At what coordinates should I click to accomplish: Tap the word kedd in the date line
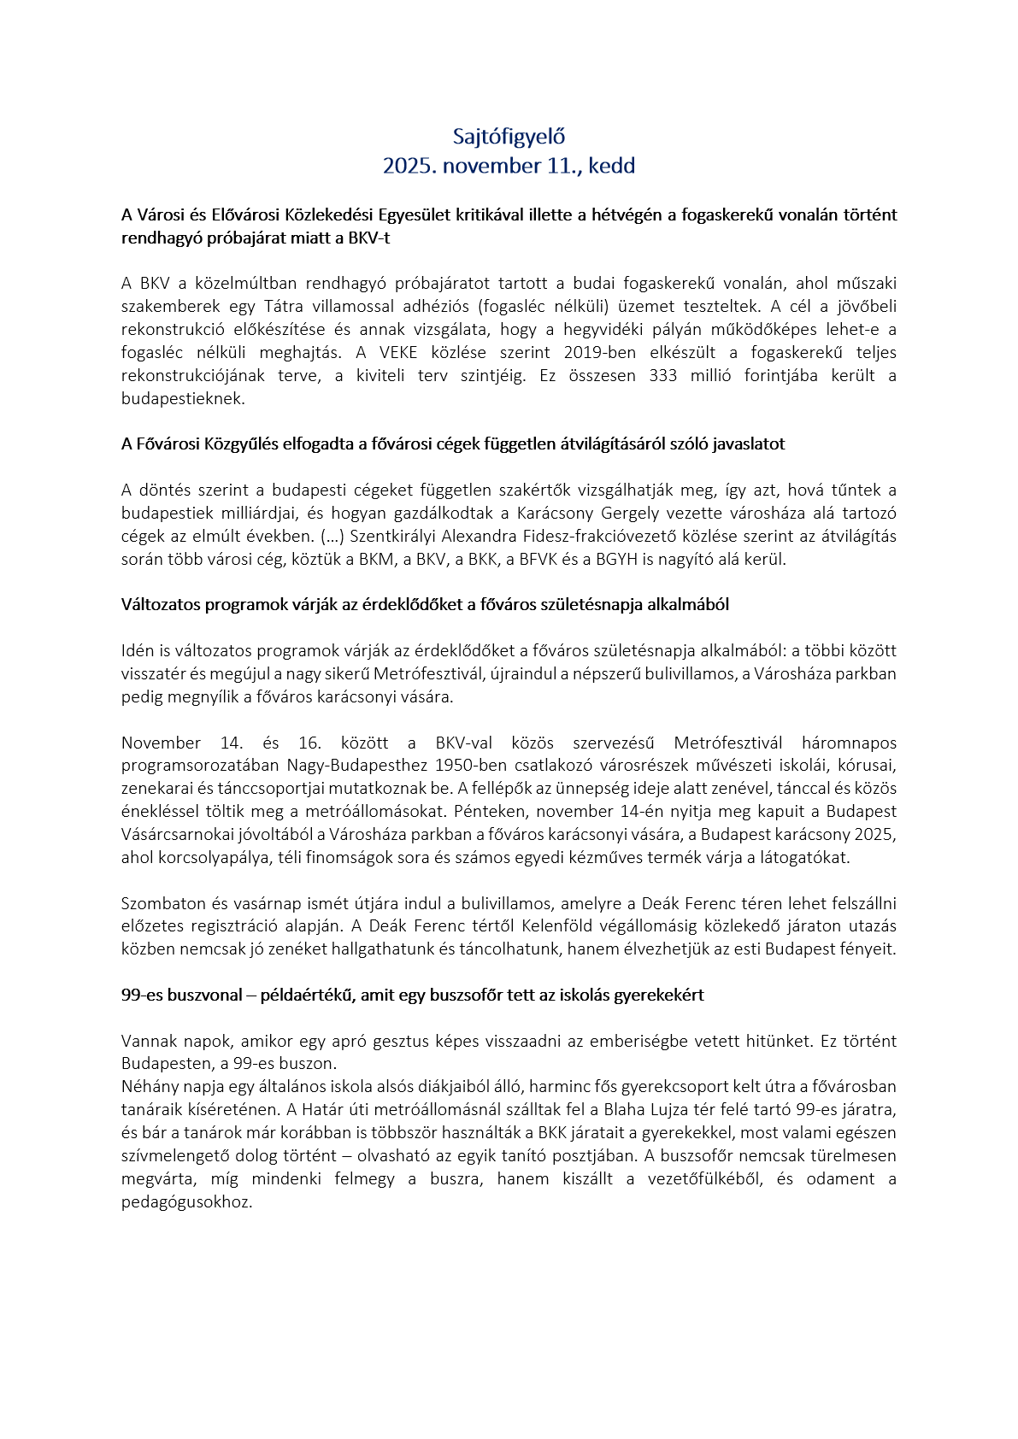(612, 166)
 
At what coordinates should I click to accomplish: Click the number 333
(663, 375)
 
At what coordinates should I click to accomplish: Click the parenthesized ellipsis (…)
(331, 536)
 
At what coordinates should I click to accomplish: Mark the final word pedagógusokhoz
(186, 1201)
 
